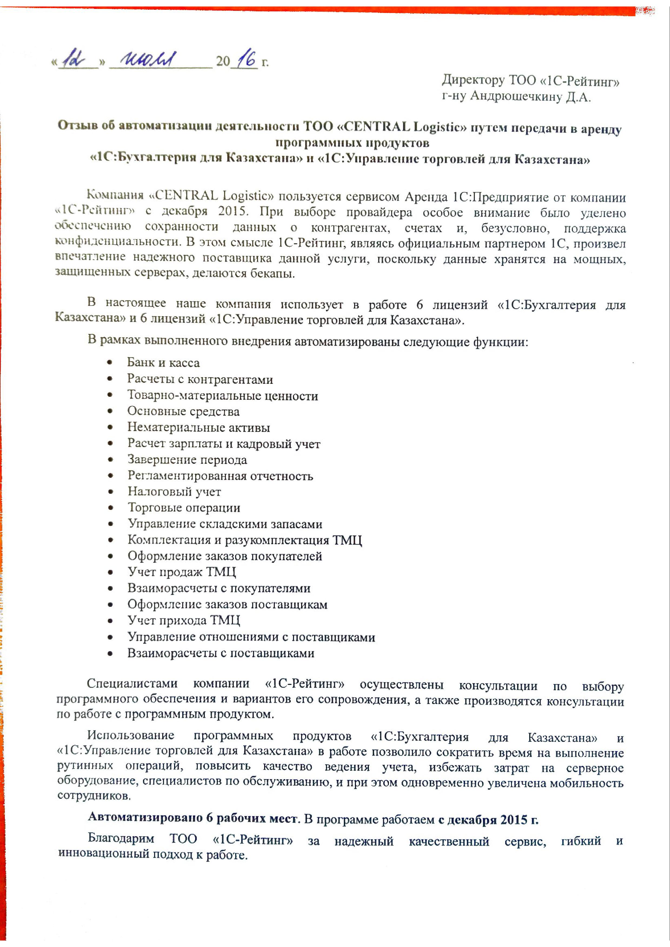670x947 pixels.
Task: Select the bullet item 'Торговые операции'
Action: pos(184,508)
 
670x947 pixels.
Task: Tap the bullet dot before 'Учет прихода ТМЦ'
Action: pos(110,621)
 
